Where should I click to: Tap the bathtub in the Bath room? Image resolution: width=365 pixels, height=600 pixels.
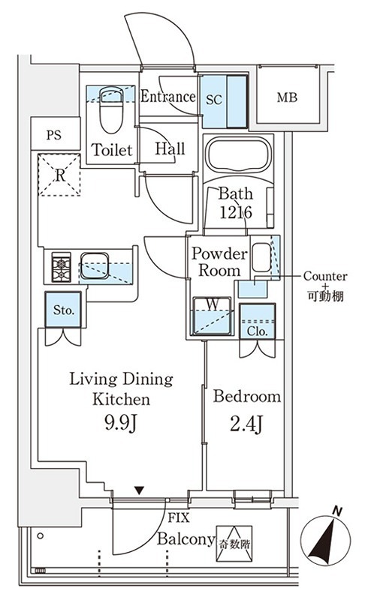tap(240, 156)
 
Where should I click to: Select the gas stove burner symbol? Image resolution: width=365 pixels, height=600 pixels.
tap(61, 266)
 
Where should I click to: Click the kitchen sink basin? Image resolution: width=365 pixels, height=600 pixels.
tap(95, 264)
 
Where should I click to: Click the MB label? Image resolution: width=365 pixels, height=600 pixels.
tap(285, 97)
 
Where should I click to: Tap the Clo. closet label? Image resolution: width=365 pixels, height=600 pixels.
tap(257, 330)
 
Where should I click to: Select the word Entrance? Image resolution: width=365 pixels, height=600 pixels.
tap(168, 97)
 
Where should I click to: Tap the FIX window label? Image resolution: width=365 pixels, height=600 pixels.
tap(178, 517)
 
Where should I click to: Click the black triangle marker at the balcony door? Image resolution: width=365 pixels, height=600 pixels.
tap(138, 490)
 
